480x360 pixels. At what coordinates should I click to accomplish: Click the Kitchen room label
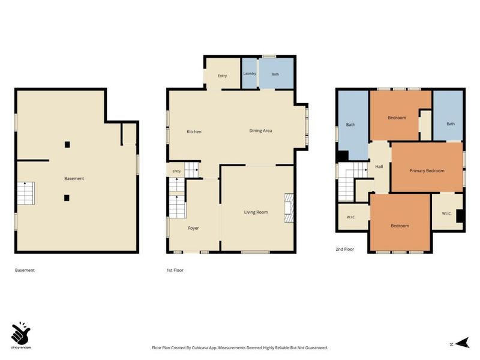(194, 131)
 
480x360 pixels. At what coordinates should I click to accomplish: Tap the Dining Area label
(260, 131)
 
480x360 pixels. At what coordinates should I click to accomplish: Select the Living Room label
(256, 212)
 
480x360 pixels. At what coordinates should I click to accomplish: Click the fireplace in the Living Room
(289, 208)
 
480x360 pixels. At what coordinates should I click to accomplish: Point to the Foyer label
(193, 228)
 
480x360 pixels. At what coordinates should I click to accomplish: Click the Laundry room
(250, 73)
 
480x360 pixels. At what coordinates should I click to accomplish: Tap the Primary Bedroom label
(427, 171)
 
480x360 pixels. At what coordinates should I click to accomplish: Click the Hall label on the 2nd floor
(379, 167)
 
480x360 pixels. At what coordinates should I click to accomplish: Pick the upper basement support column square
(67, 145)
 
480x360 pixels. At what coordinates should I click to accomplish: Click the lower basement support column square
(67, 198)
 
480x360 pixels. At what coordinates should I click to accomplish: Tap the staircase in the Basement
(26, 193)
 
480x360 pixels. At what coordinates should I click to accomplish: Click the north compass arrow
(462, 343)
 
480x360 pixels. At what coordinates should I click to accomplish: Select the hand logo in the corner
(21, 334)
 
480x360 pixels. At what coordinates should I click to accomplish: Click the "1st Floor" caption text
(175, 271)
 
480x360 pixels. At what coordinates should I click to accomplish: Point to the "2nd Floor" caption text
(344, 249)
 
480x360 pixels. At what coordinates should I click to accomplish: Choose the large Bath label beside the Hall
(350, 125)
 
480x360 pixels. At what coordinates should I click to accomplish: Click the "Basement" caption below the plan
(25, 271)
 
